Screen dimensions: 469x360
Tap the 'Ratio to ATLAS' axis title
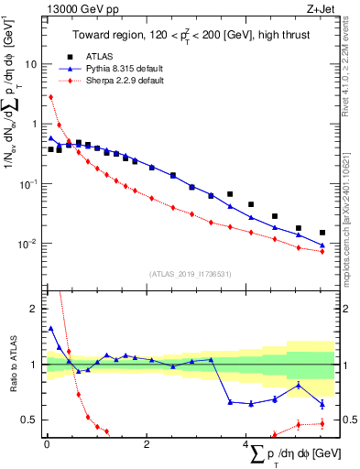10,365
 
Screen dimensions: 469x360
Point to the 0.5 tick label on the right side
349,420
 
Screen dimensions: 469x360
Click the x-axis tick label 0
47,445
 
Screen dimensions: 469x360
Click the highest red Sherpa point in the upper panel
50,97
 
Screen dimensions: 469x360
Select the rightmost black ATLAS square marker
322,233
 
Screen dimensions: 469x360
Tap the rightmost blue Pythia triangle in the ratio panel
322,404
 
